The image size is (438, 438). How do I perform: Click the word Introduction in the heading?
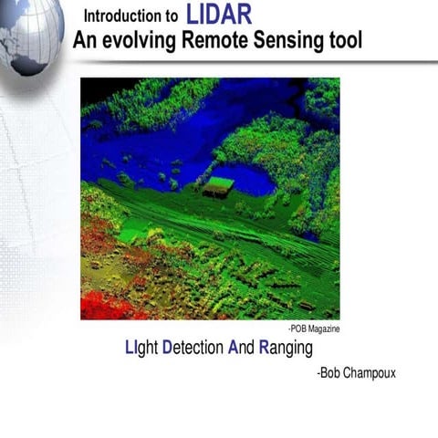click(x=124, y=16)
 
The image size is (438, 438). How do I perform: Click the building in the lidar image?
click(x=218, y=186)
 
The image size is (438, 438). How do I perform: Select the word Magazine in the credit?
click(x=323, y=329)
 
